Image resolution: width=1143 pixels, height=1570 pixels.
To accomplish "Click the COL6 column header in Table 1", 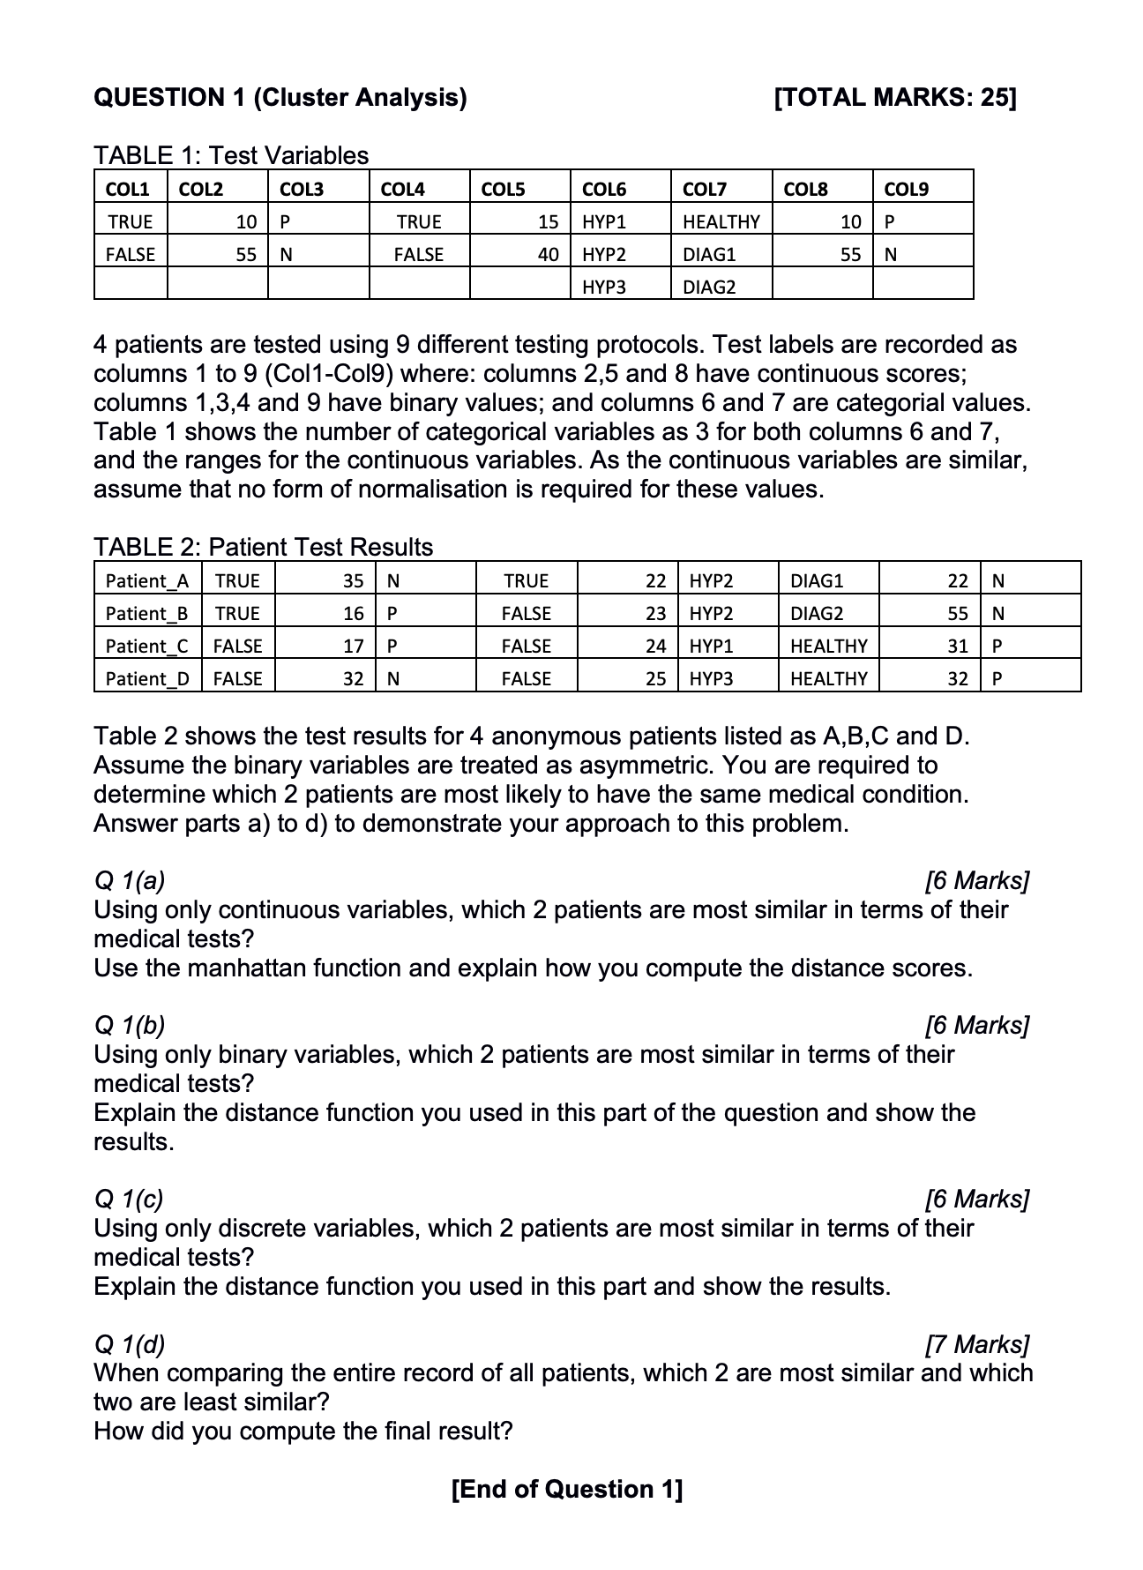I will pos(604,189).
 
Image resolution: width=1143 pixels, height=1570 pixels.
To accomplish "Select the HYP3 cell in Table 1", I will pos(604,287).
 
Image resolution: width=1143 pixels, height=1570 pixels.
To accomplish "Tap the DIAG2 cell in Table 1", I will pos(709,287).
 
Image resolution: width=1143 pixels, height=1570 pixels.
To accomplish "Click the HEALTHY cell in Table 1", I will pos(721,221).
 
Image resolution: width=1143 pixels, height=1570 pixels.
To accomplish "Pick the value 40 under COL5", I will pos(548,254).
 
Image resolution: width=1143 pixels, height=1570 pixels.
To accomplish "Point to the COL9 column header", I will pos(906,189).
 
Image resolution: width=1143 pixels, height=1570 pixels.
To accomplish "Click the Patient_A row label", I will pos(147,580).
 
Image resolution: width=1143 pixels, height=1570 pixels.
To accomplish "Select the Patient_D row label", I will pos(147,678).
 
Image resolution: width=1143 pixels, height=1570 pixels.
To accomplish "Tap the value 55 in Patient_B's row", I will pos(958,613).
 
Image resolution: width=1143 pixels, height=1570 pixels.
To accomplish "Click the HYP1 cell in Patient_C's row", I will pos(711,646).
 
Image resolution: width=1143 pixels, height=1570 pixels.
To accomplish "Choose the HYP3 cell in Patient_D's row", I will pos(711,678).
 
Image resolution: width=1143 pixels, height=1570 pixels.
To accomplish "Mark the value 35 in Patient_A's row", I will pos(354,580).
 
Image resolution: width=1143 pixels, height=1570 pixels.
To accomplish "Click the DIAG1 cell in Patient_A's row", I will pos(817,580).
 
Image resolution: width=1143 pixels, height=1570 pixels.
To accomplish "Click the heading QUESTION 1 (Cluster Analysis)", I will pos(280,97).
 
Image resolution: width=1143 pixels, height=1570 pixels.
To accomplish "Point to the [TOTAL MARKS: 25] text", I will pos(894,97).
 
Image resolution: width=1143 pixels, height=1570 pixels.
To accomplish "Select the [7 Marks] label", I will pos(976,1344).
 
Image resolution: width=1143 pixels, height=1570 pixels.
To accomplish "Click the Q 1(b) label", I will pos(130,1025).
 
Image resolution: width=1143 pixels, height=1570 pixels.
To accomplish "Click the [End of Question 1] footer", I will pos(566,1489).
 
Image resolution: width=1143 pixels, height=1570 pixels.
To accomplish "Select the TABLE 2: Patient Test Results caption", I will pos(264,547).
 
